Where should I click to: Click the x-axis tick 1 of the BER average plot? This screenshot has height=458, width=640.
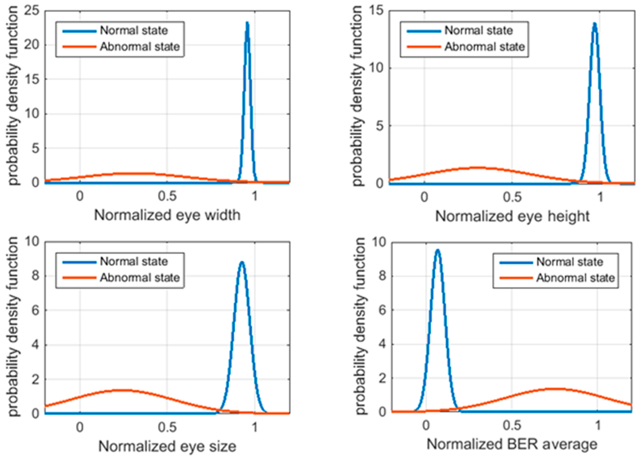[x=597, y=425]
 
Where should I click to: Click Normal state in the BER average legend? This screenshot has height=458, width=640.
[x=569, y=262]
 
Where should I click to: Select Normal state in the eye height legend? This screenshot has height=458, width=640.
[x=478, y=30]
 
